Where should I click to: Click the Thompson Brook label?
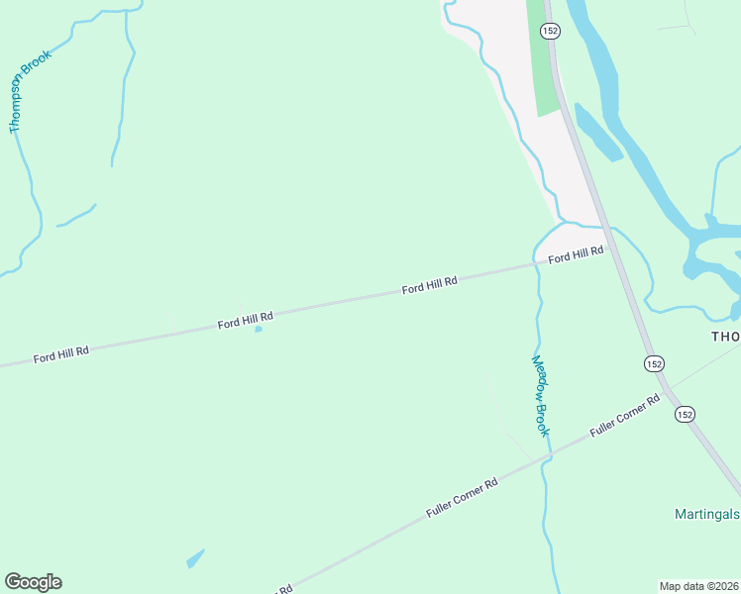point(30,92)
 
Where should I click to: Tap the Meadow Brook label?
point(541,396)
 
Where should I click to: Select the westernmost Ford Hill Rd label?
point(61,353)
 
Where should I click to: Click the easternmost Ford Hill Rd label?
point(576,254)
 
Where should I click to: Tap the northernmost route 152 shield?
point(550,32)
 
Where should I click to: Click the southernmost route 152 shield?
point(686,414)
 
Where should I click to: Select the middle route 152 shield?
point(653,363)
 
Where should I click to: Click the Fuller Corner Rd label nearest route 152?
point(624,417)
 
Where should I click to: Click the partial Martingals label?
point(707,514)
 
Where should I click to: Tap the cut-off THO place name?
point(725,337)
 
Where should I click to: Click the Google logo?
point(33,582)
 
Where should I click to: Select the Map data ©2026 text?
point(699,586)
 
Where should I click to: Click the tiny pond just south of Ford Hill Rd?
point(259,330)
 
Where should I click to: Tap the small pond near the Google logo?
point(195,559)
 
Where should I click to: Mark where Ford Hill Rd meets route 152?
point(606,247)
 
